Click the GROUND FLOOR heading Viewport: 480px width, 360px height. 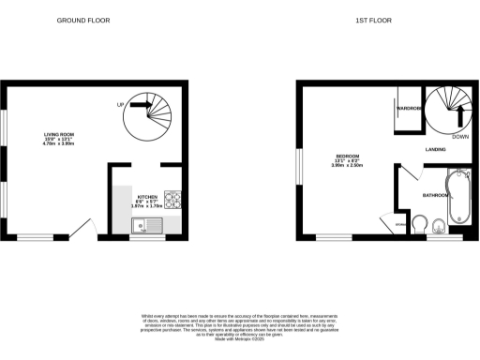tap(82, 19)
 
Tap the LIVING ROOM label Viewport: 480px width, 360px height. tap(59, 135)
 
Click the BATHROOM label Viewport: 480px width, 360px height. tap(435, 195)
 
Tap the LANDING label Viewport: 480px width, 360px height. tap(435, 149)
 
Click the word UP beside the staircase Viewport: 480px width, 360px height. tap(121, 105)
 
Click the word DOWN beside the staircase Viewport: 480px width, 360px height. tap(460, 137)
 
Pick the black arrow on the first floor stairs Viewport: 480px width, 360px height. tap(460, 115)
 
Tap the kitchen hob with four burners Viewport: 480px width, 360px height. tap(173, 200)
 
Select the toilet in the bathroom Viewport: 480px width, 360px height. tap(439, 223)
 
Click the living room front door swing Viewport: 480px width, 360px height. tap(84, 230)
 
